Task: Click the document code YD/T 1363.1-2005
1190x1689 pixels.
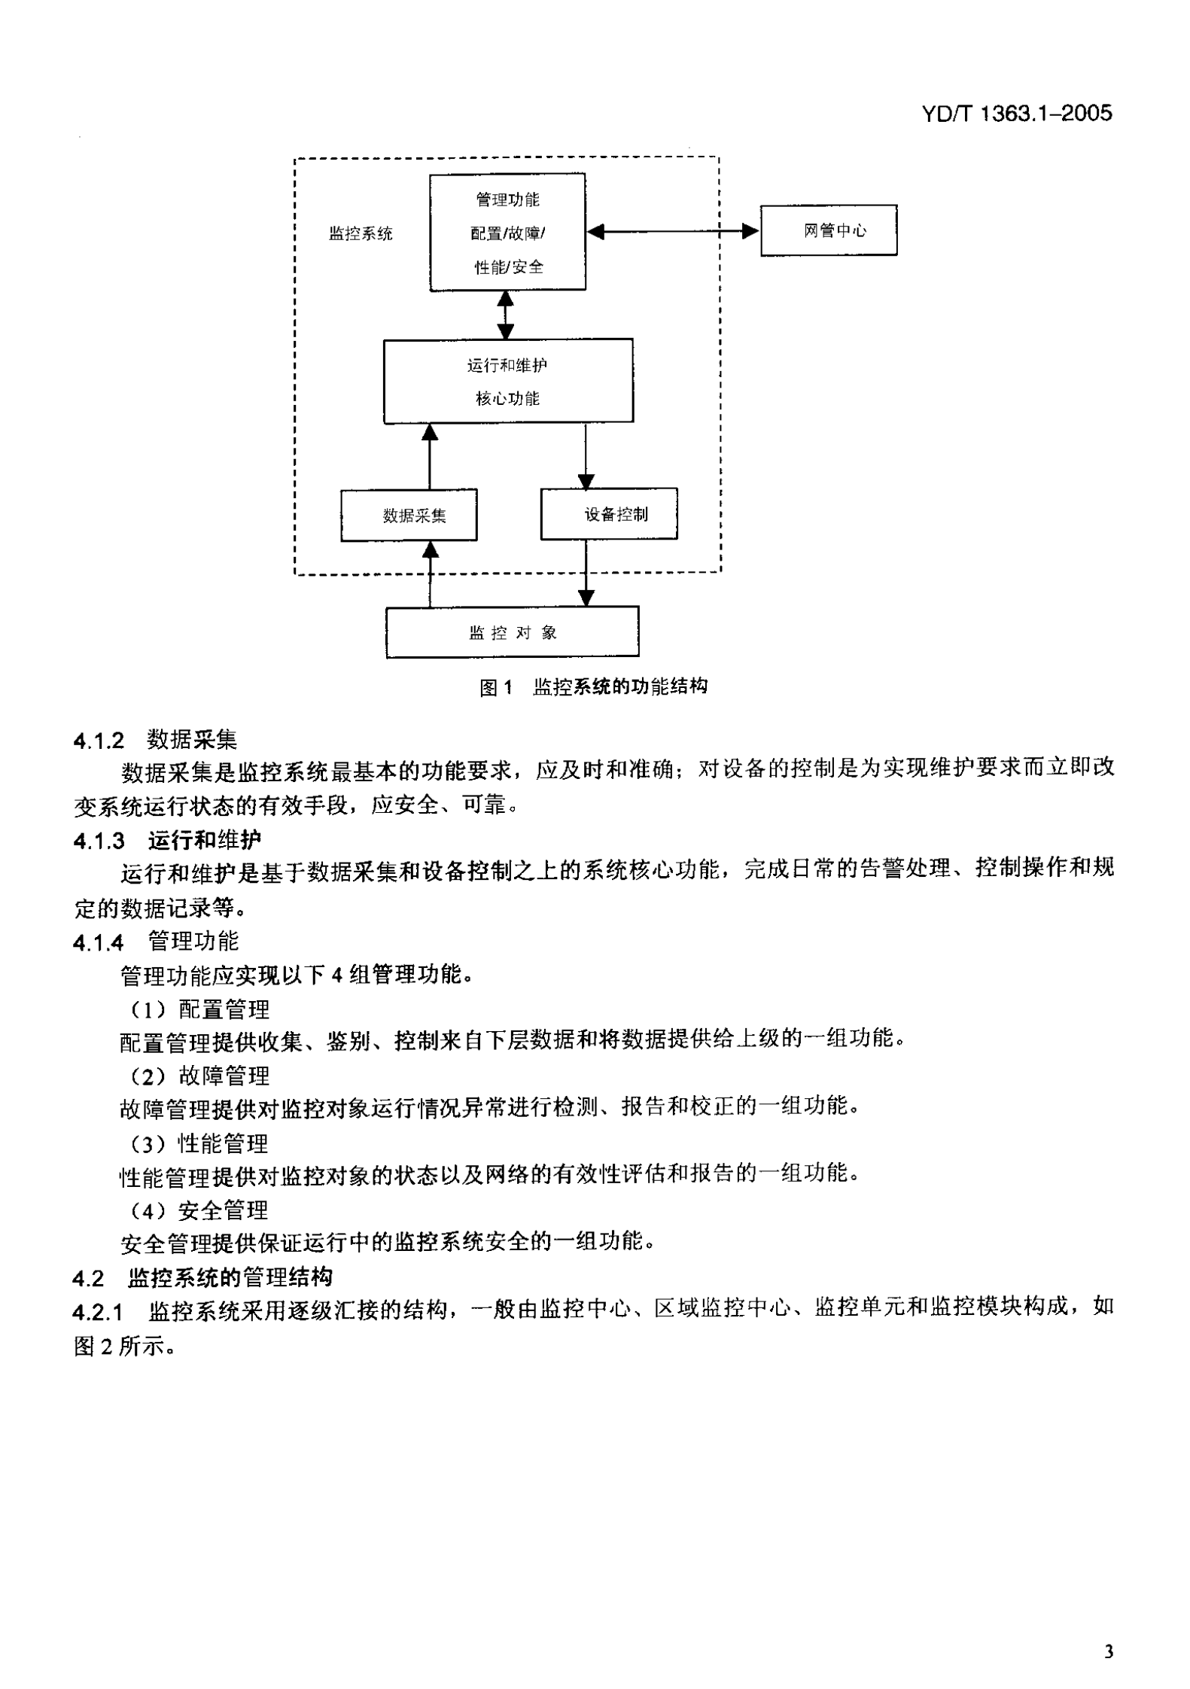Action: coord(1016,114)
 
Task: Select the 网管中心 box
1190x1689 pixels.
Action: coord(828,230)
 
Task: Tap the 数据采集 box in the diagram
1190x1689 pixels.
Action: coord(409,516)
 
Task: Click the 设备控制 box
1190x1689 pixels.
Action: coord(608,514)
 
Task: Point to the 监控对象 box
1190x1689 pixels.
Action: coord(512,632)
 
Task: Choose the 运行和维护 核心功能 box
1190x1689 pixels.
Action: coord(508,381)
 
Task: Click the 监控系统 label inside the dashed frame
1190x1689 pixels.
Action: coord(361,233)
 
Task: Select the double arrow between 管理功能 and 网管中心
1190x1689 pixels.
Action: coord(672,231)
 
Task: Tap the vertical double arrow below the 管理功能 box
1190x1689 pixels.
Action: coord(506,315)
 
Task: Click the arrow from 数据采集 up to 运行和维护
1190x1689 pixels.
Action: coord(430,456)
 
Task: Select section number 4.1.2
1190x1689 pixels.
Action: coord(99,741)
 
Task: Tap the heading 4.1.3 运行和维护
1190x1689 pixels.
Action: coord(167,840)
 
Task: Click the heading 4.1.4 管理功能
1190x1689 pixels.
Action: coord(156,942)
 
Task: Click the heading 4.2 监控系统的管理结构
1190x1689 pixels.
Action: coord(202,1278)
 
